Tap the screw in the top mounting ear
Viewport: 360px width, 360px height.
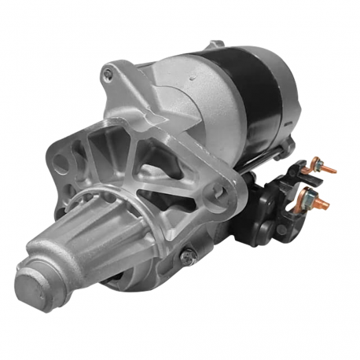[108, 75]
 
